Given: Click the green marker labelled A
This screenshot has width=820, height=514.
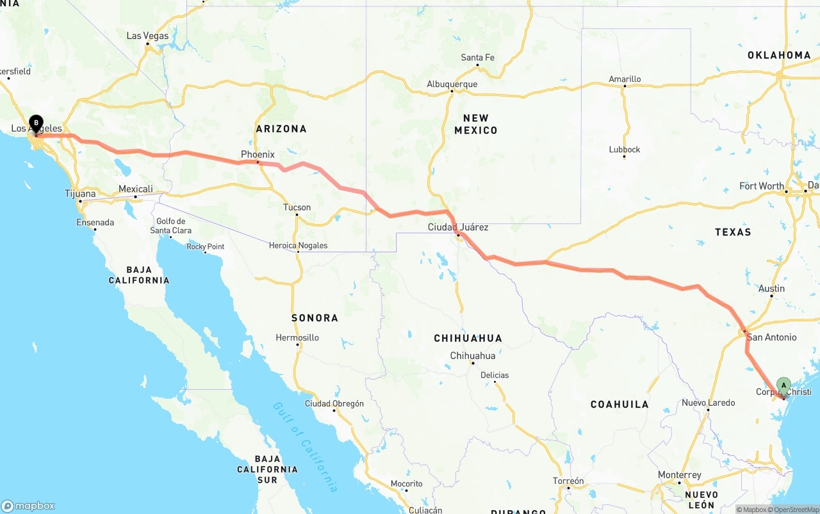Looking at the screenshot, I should click(783, 385).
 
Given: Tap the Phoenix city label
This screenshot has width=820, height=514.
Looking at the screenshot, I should click(258, 154).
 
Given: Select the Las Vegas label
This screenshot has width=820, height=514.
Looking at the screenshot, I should click(147, 36).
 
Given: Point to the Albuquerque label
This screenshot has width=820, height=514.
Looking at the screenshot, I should click(452, 84).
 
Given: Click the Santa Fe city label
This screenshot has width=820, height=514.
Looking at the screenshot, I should click(478, 58).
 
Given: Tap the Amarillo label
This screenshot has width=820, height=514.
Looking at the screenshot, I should click(625, 79).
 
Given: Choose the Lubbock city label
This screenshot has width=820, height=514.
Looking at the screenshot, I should click(625, 149).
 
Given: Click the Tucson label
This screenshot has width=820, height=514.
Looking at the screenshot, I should click(297, 207).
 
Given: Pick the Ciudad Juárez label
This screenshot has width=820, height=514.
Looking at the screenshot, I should click(458, 227).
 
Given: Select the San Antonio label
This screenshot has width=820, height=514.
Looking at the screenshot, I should click(772, 337).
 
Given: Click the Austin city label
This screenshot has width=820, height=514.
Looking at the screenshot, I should click(771, 289).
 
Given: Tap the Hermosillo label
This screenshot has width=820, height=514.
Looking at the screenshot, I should click(297, 337).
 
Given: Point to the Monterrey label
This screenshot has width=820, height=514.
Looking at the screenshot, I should click(680, 475).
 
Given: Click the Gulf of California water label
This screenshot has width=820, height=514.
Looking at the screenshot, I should click(305, 446).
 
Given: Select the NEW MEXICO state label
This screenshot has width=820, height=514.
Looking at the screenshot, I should click(476, 124).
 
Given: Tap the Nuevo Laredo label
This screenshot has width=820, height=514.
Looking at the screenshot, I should click(708, 403).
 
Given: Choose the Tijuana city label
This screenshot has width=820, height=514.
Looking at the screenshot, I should click(80, 193).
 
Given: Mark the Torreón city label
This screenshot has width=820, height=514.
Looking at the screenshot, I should click(569, 481).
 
